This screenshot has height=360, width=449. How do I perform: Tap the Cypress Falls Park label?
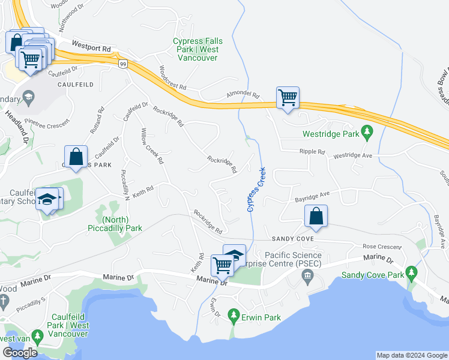(197, 50)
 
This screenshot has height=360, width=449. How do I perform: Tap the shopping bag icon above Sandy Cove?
(316, 217)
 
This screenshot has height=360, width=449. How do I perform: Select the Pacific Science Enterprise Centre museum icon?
(308, 276)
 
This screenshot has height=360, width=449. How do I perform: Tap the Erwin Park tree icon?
(232, 315)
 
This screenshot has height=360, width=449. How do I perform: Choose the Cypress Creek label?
(256, 190)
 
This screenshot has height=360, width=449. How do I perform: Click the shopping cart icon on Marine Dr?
(222, 264)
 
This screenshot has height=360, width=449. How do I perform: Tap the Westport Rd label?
(91, 46)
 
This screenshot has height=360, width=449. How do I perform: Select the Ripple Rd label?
(312, 152)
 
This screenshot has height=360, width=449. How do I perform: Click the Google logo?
(20, 353)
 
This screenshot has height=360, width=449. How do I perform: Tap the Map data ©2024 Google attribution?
(411, 355)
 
